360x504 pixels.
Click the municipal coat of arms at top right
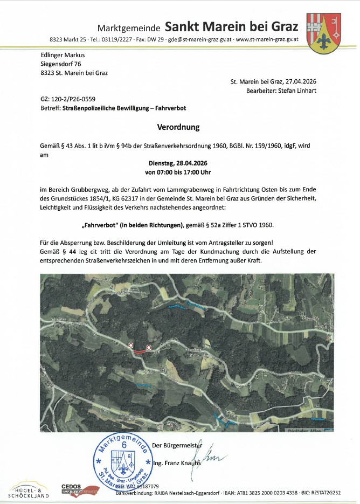click(x=322, y=33)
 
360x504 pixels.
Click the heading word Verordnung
click(x=178, y=128)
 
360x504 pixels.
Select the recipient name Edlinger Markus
click(x=63, y=55)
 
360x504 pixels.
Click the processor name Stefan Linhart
click(x=297, y=91)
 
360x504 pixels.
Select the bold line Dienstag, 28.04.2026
click(x=178, y=163)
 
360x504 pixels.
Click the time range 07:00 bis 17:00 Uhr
click(x=178, y=172)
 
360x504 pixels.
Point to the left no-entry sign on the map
click(x=130, y=344)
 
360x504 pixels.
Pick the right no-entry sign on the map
click(x=148, y=347)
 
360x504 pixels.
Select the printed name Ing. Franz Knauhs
click(x=176, y=463)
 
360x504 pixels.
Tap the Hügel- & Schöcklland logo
click(x=29, y=489)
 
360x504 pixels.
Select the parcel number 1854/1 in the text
click(x=110, y=198)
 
